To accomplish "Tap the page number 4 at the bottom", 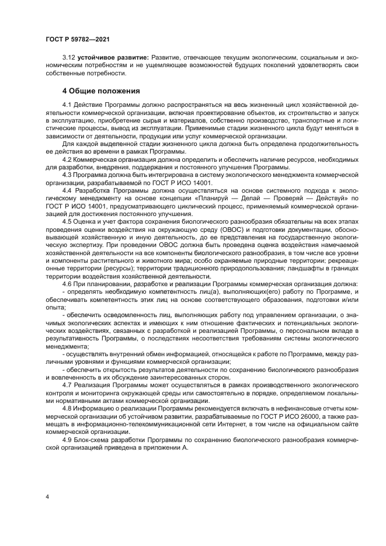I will [47, 496].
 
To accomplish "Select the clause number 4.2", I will [67, 159].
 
